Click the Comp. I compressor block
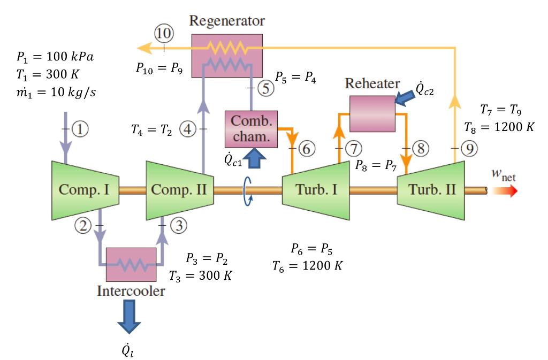(84, 190)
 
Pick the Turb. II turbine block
(431, 190)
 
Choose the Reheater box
(372, 113)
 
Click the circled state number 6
(306, 148)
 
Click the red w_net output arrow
(505, 191)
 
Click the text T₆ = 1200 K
(307, 265)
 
